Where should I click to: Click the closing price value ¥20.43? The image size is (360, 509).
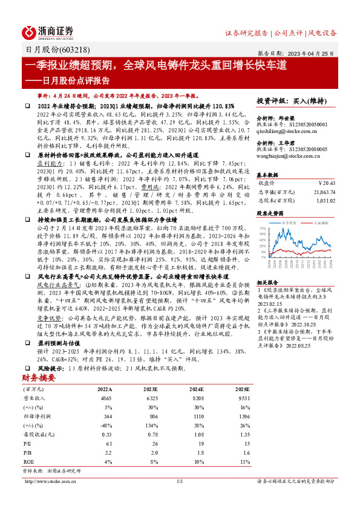tap(326, 182)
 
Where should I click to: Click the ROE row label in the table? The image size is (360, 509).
tap(28, 463)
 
